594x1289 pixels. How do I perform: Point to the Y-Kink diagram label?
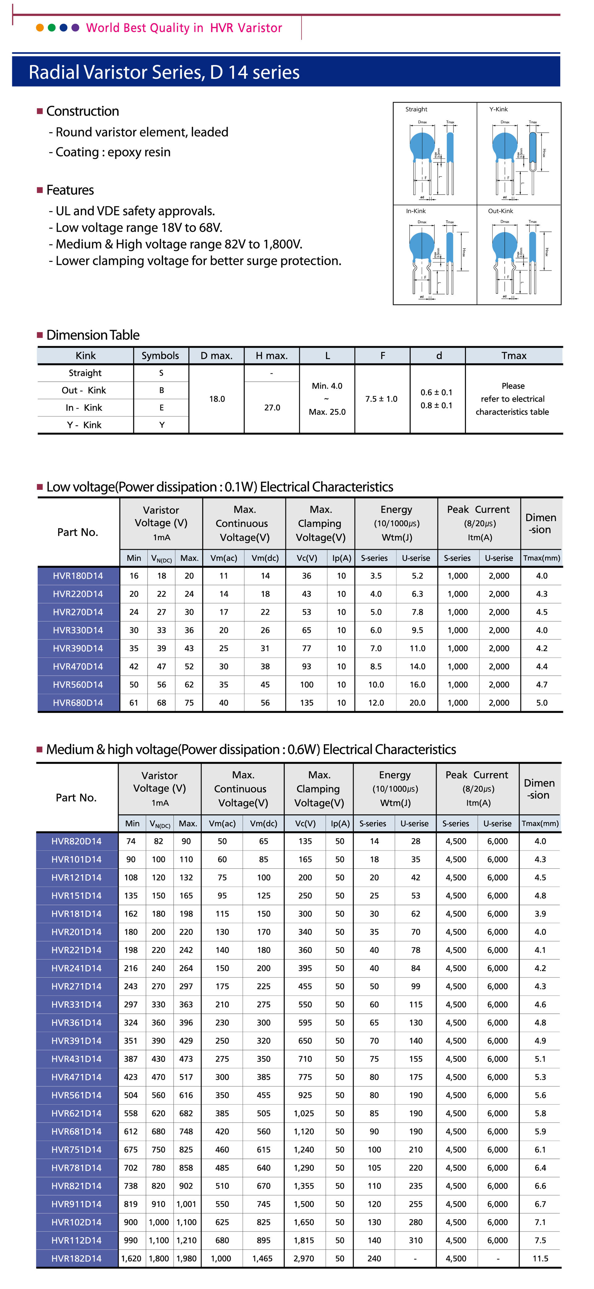(x=498, y=109)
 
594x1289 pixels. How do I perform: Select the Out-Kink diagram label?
(x=500, y=211)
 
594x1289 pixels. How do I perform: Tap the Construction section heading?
(x=83, y=111)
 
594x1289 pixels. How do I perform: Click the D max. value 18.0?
(x=217, y=399)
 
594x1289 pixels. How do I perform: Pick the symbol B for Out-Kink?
(x=161, y=390)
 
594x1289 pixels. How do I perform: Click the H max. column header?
(x=271, y=356)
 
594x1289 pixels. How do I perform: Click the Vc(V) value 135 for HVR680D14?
(x=307, y=702)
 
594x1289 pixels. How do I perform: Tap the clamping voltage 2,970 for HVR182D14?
(x=304, y=1258)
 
